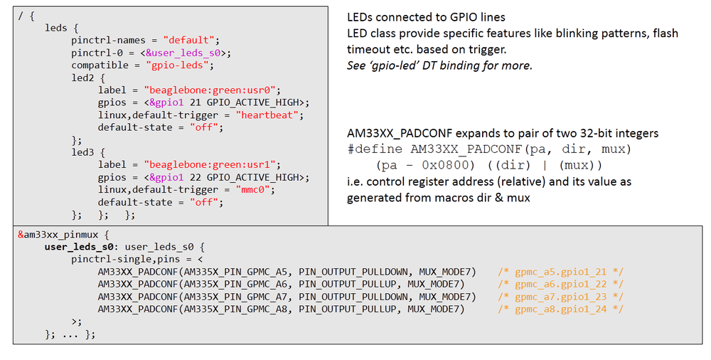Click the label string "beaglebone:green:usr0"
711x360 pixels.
click(x=213, y=90)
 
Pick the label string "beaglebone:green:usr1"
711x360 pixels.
click(x=213, y=165)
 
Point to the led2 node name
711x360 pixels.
click(x=85, y=78)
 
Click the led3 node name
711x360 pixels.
click(x=85, y=152)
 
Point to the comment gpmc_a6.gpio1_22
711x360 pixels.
click(x=560, y=284)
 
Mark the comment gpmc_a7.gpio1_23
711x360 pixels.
click(x=560, y=297)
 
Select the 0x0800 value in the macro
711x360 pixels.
click(x=434, y=165)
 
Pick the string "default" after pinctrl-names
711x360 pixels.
click(x=191, y=40)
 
